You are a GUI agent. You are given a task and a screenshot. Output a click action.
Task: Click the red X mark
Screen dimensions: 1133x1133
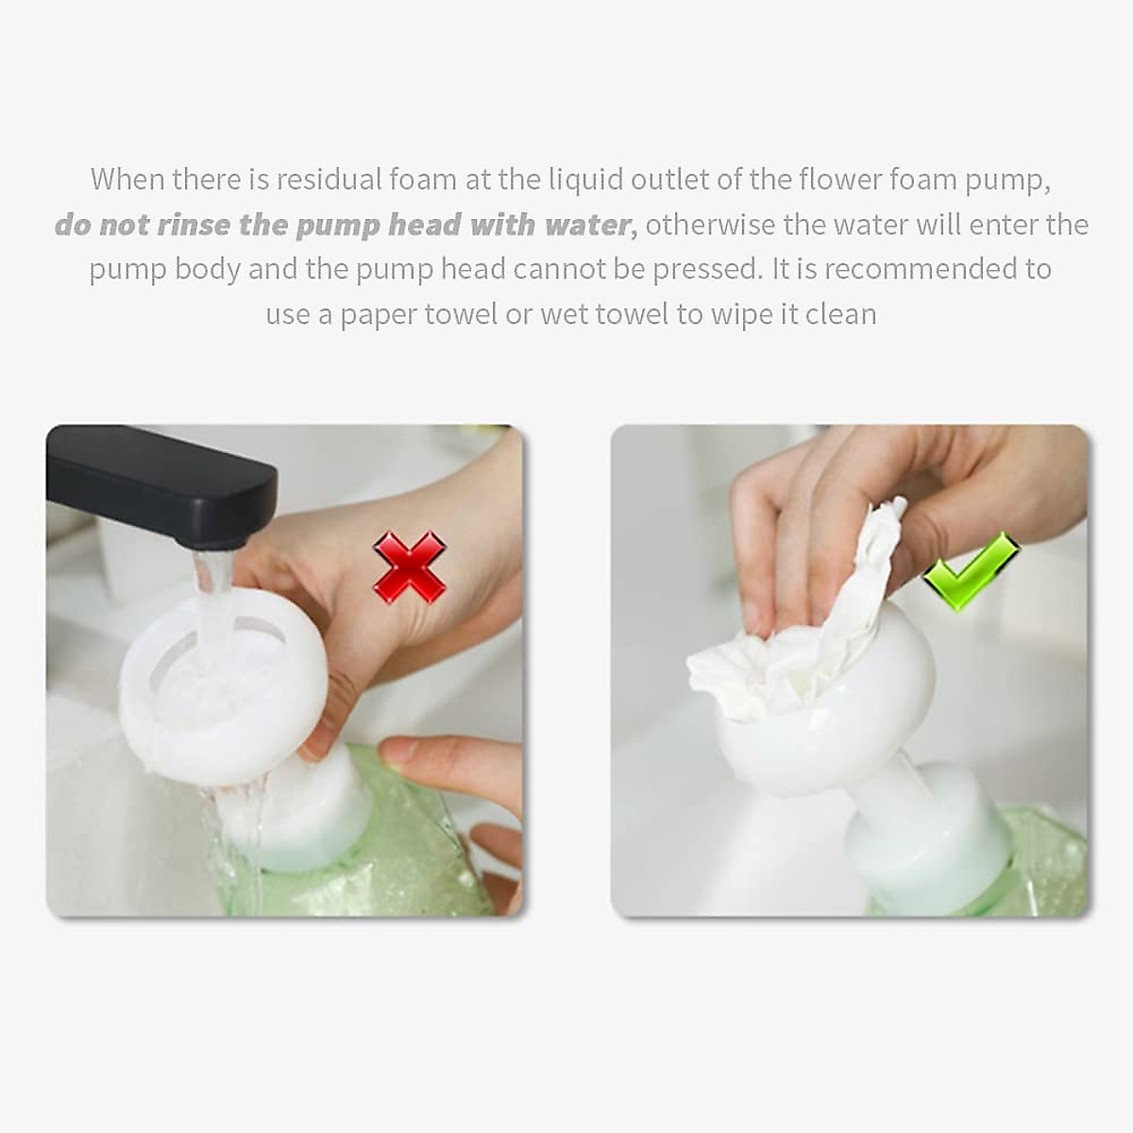click(x=409, y=566)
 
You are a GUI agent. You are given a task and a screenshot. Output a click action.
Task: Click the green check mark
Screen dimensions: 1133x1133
click(x=970, y=570)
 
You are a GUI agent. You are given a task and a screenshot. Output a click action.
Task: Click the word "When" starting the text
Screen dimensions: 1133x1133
click(x=126, y=178)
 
